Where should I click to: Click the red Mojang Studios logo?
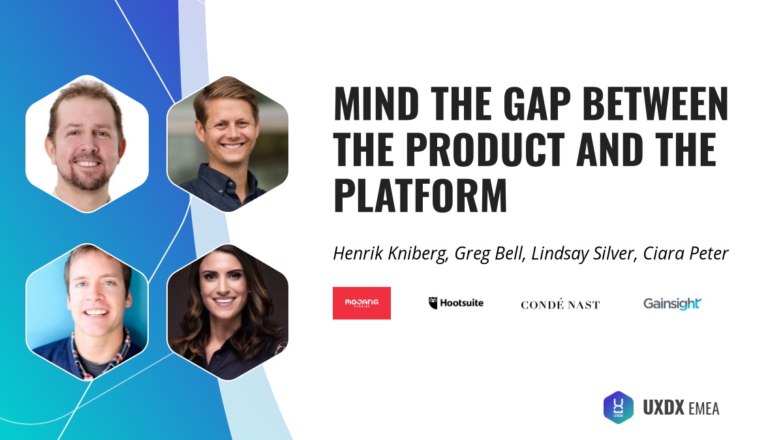[361, 303]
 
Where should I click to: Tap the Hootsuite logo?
[456, 303]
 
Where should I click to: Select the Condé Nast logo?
[560, 304]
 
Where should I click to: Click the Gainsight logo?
[672, 303]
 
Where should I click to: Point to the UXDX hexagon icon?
[618, 407]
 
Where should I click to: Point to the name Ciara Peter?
[687, 253]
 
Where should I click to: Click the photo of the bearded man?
[87, 143]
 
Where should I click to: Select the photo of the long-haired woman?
[228, 312]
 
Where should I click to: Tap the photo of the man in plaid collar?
[87, 312]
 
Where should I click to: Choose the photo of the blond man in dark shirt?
[228, 143]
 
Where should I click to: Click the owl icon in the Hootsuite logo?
[433, 303]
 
